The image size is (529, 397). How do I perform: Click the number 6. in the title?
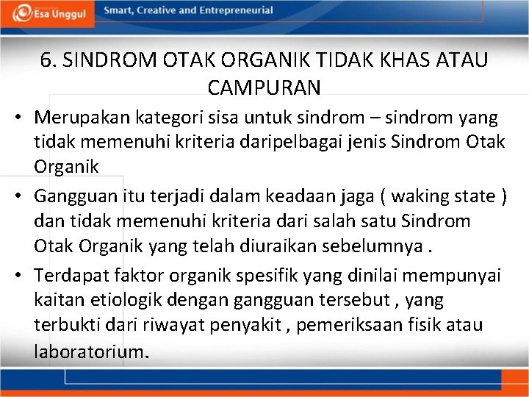click(x=50, y=60)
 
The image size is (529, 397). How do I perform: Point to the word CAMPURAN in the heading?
click(x=264, y=87)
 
